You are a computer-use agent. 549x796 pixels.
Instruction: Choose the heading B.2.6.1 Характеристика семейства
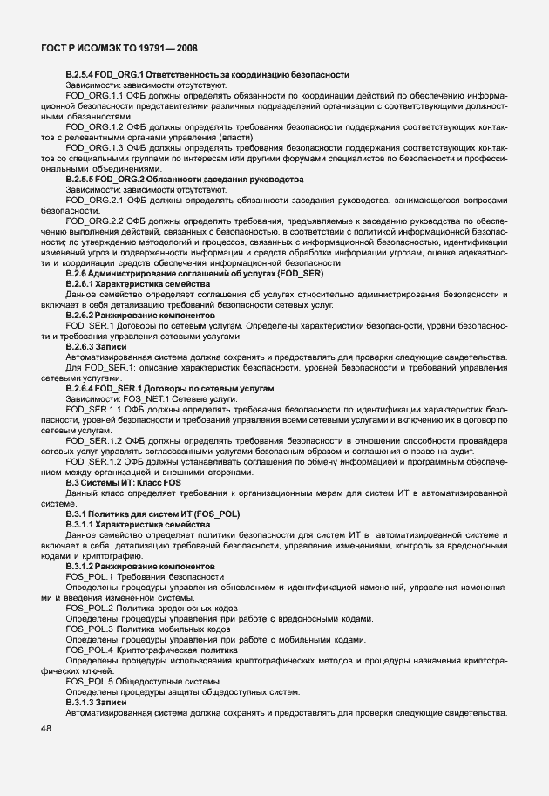coord(138,284)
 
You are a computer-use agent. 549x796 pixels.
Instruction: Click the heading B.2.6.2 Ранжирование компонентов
coord(139,315)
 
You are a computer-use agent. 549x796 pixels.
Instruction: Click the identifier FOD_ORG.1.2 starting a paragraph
coord(96,126)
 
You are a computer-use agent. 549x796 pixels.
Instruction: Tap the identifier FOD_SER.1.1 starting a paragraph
coord(96,408)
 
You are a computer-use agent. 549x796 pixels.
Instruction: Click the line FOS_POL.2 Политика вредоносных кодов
coord(150,609)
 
